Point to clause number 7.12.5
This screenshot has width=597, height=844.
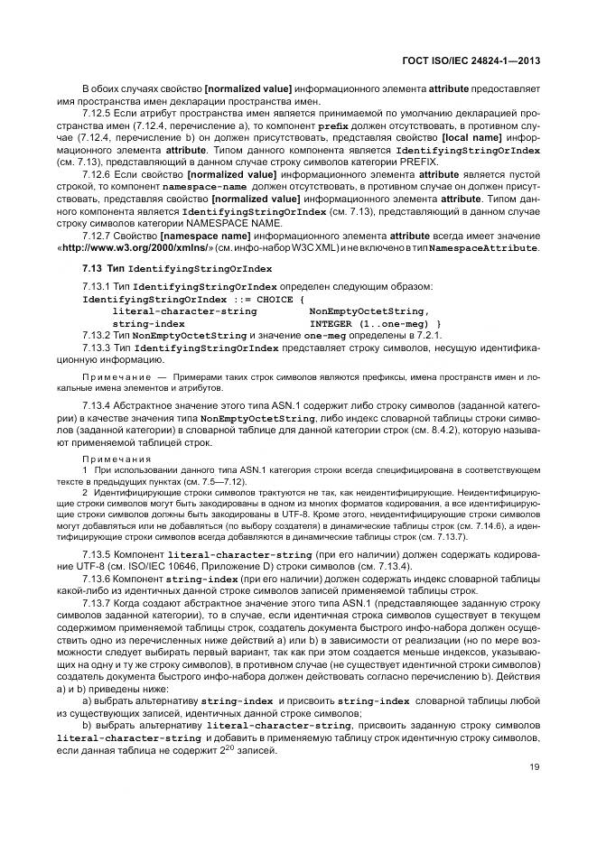(x=98, y=115)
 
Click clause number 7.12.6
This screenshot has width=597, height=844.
(x=98, y=173)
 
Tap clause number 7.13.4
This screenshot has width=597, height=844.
(x=98, y=406)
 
